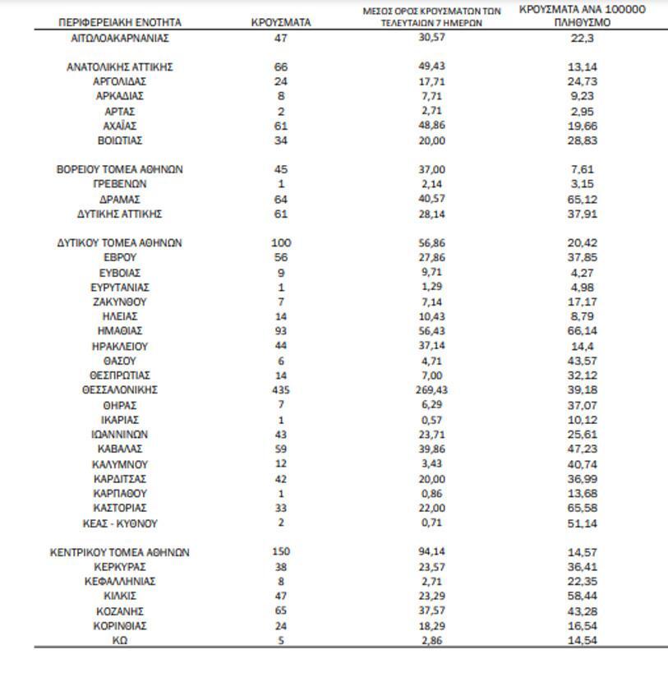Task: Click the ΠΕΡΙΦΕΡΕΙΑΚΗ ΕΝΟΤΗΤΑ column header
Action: point(120,23)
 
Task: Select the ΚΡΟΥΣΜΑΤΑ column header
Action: point(281,23)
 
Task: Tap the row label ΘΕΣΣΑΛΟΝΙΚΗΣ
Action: point(120,390)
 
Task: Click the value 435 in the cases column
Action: point(281,390)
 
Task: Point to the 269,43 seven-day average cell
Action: point(431,390)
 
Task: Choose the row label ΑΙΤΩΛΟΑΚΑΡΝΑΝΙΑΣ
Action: point(120,38)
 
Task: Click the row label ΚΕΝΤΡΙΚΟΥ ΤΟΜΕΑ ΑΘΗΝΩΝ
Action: point(120,552)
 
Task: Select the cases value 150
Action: point(281,552)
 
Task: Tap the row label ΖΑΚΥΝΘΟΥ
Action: point(120,302)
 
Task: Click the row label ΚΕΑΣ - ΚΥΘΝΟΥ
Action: point(120,523)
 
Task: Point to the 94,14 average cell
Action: point(431,552)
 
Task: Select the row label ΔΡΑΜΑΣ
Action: point(120,199)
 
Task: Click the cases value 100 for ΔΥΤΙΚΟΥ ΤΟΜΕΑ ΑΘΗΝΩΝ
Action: point(281,243)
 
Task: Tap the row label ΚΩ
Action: point(120,641)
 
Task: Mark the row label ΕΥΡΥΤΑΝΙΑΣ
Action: point(120,287)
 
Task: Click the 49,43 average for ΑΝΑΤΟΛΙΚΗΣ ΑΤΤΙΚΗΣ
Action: point(431,67)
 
